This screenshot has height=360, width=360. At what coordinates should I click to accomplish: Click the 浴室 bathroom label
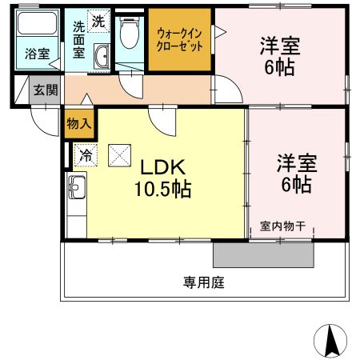35,54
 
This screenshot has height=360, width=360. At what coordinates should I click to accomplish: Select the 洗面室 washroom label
79,39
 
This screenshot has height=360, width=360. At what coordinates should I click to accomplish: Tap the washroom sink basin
101,57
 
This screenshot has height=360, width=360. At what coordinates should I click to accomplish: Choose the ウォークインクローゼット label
178,39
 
